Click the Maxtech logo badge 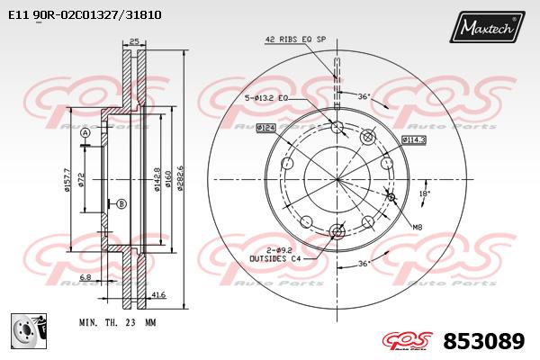pyautogui.click(x=487, y=27)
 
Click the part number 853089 pyautogui.click(x=484, y=341)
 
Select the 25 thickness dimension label pyautogui.click(x=134, y=41)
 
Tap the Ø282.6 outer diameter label pyautogui.click(x=180, y=178)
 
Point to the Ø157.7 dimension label pyautogui.click(x=67, y=180)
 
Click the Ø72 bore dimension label pyautogui.click(x=81, y=180)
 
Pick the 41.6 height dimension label pyautogui.click(x=158, y=294)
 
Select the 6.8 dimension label pyautogui.click(x=85, y=276)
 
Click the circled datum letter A pyautogui.click(x=85, y=133)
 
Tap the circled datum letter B pyautogui.click(x=121, y=204)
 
